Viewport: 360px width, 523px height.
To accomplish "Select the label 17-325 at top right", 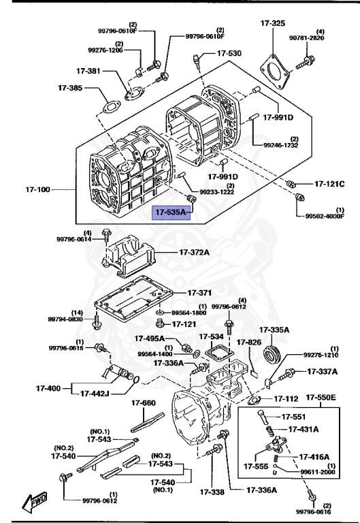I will point(272,23).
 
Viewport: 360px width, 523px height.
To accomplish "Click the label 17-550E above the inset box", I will point(323,397).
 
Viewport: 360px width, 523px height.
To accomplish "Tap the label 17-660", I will point(144,402).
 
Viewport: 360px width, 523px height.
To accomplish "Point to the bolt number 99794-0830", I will point(65,319).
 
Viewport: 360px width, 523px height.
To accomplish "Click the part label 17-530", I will point(229,53).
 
